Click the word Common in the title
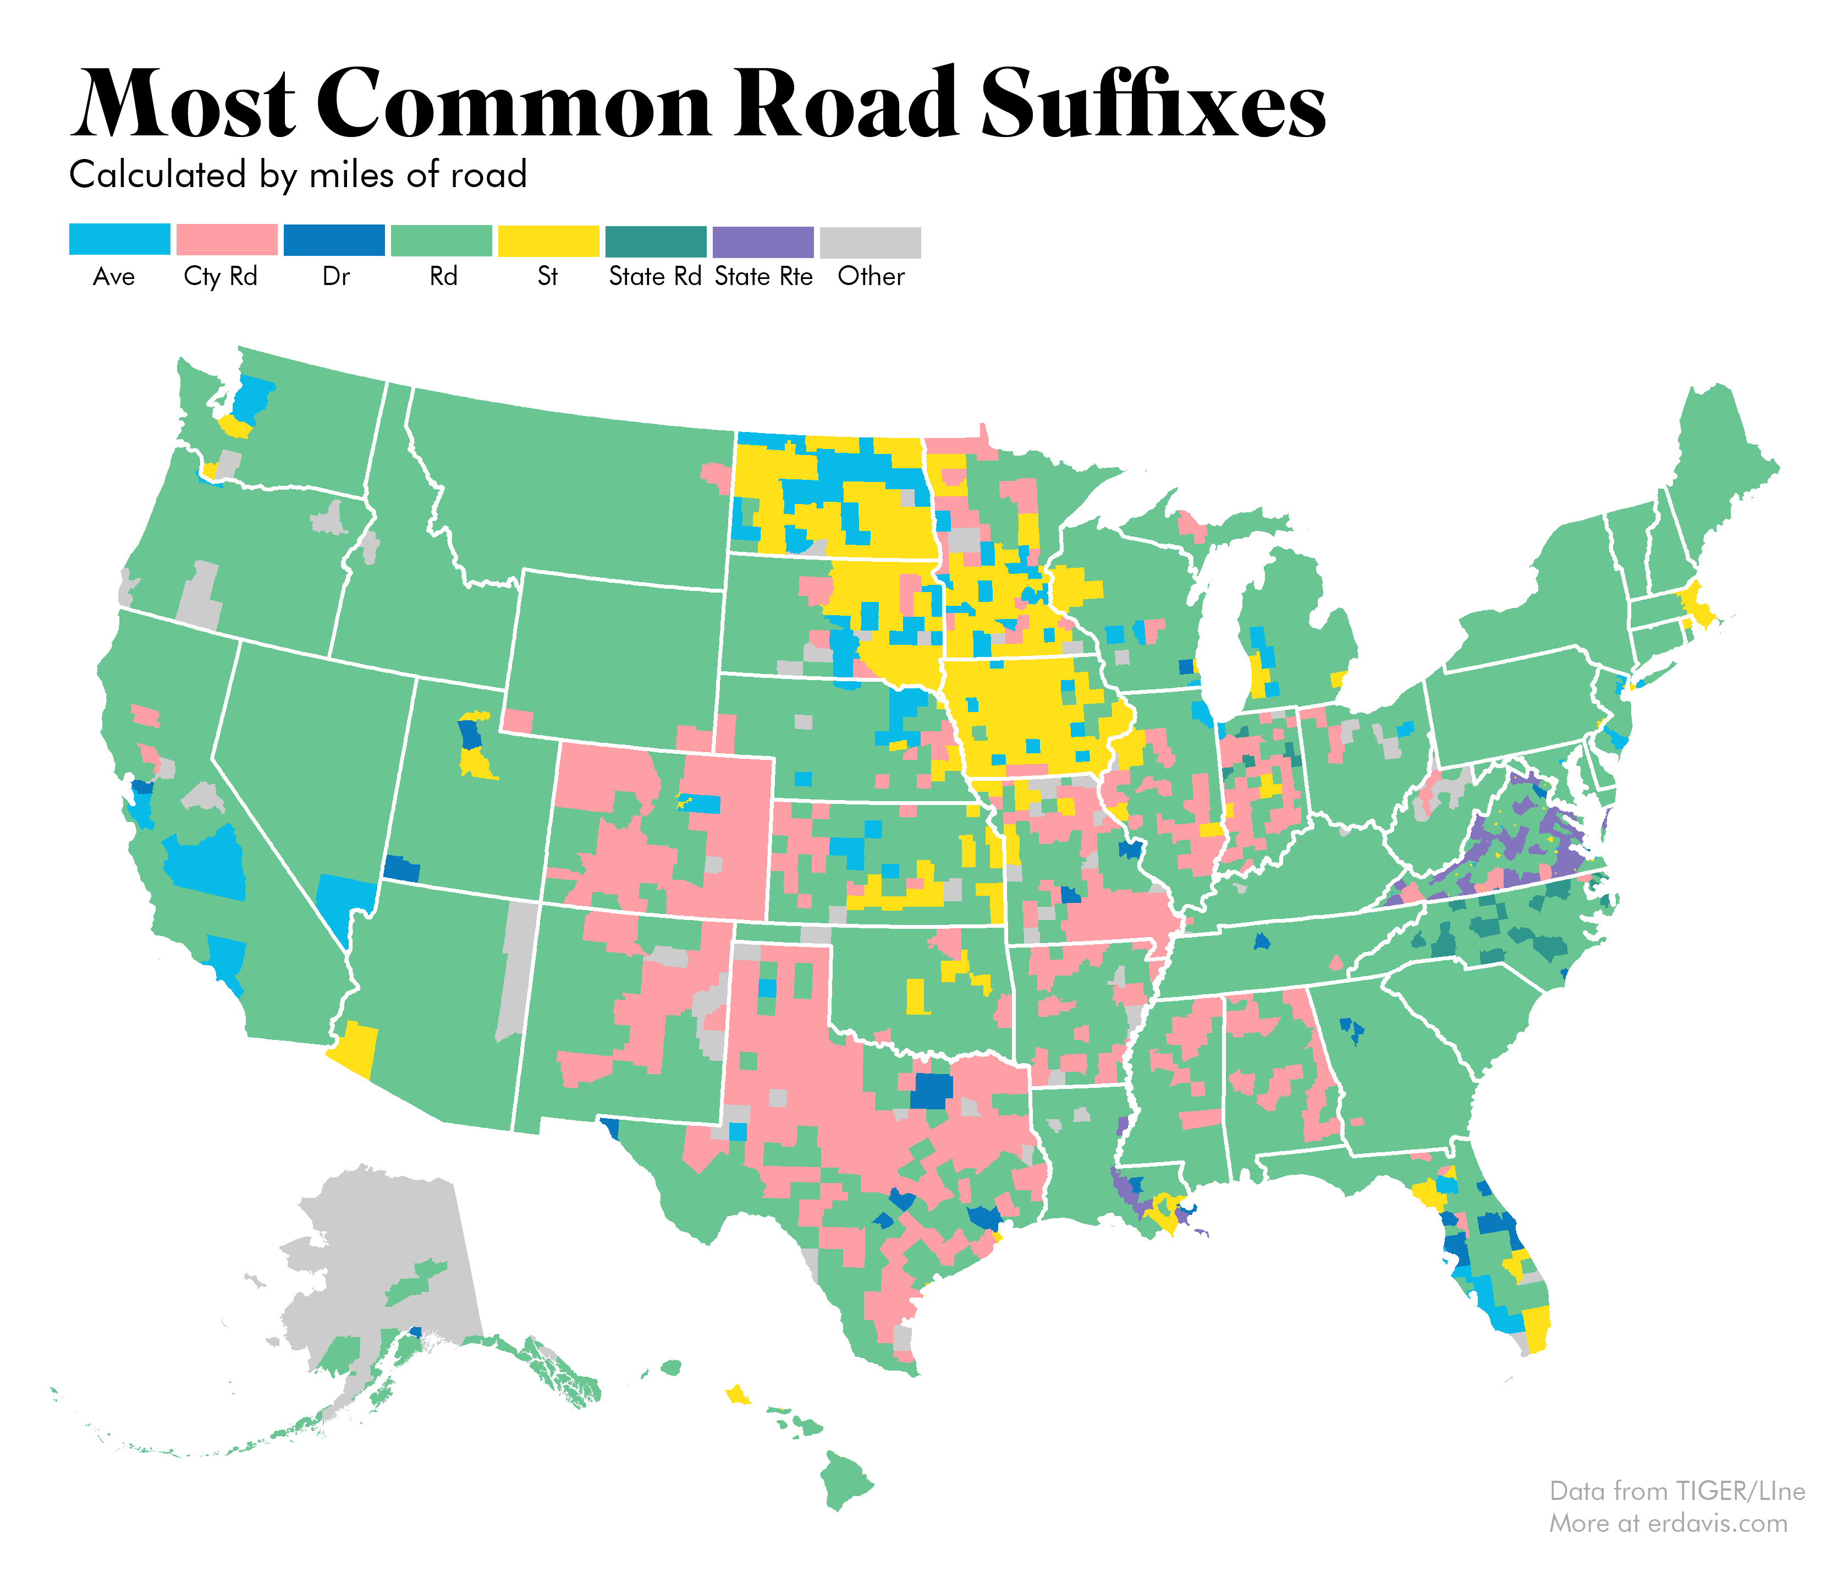[x=520, y=104]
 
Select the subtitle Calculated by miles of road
[x=298, y=174]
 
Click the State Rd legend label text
[x=655, y=277]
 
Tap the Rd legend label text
[x=443, y=277]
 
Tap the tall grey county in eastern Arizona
[x=519, y=970]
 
